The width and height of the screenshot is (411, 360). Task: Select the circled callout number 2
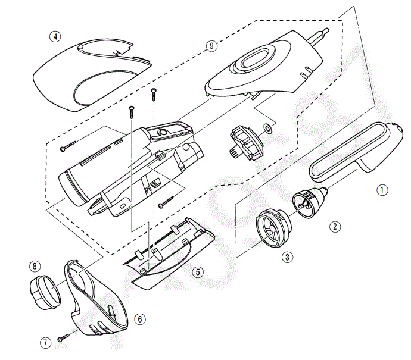[x=336, y=226]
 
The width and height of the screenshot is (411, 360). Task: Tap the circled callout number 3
[x=288, y=257]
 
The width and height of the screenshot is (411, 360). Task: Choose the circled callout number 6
[x=139, y=319]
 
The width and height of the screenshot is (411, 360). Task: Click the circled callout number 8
[x=36, y=265]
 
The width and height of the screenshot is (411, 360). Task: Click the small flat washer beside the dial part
[x=267, y=127]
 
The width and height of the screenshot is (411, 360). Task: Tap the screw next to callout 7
[x=64, y=339]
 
